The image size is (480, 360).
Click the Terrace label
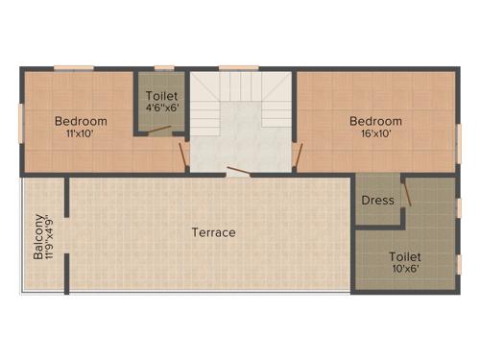[213, 232]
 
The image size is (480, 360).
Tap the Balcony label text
[36, 236]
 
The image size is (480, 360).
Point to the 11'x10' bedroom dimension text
[80, 134]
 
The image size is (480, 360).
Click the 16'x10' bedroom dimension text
[374, 134]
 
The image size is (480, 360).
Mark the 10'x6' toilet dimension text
[404, 271]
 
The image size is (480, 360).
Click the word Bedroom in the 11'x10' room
[80, 121]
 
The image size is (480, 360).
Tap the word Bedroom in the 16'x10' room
[374, 121]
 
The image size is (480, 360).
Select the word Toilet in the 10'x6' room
[404, 257]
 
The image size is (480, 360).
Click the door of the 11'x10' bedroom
[182, 154]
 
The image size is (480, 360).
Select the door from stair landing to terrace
[239, 174]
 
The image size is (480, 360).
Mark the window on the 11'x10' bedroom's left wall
[20, 121]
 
